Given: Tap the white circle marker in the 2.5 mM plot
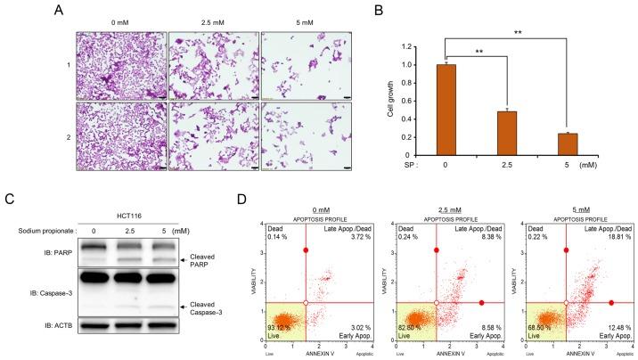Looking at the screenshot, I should [x=437, y=304].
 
